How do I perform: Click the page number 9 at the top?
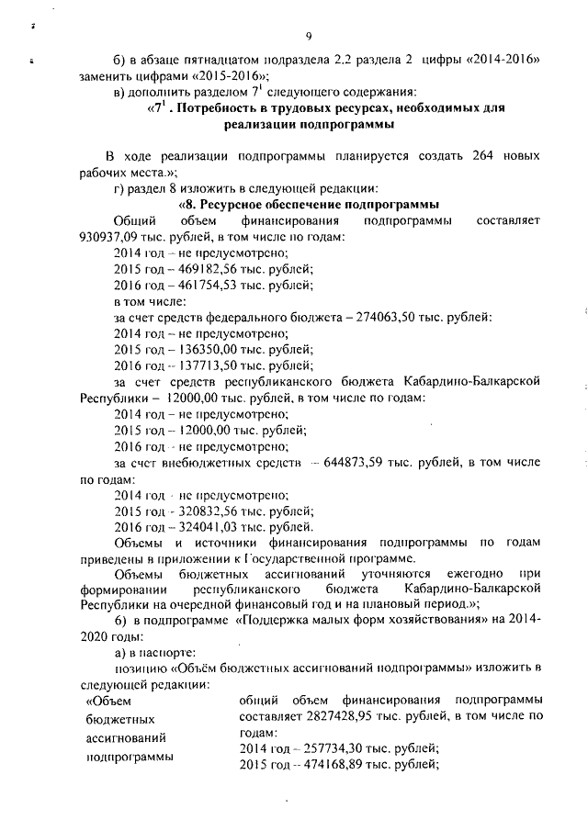309,36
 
